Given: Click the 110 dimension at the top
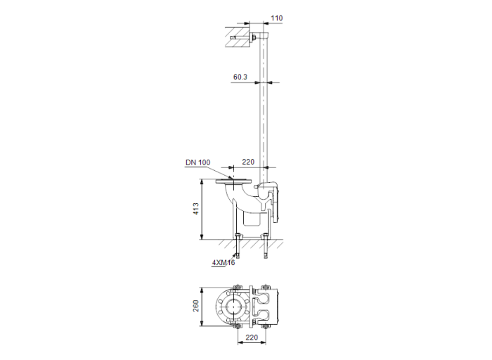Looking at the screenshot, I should [277, 17].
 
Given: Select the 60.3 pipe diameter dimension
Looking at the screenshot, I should [240, 77].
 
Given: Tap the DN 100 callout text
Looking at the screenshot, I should [198, 162].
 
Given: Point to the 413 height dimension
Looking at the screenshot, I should [197, 210].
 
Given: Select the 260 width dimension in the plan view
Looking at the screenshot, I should [197, 307].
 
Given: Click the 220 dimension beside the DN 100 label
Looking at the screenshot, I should [247, 162].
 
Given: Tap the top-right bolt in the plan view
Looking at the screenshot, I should [265, 288].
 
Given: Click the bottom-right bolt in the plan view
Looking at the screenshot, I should [265, 326].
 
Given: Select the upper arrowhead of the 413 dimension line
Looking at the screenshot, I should [203, 182].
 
